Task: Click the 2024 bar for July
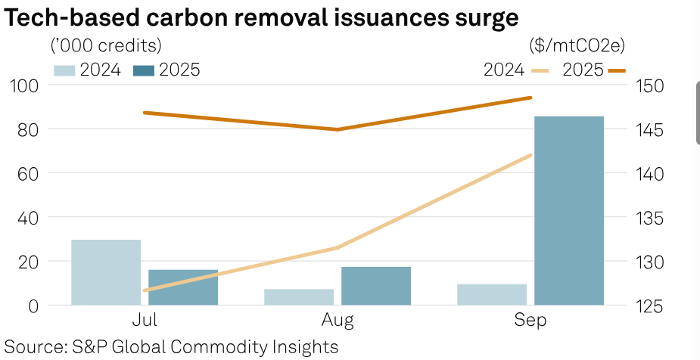coord(106,272)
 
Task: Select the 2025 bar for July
coord(182,287)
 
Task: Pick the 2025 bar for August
coord(376,286)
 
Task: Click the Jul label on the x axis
coord(144,321)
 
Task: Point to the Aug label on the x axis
coord(337,321)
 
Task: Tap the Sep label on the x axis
coord(530,321)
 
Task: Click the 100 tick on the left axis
coord(23,85)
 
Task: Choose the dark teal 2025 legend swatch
coord(144,70)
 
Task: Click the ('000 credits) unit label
coord(106,45)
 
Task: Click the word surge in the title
coord(479,18)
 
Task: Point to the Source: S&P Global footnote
coord(171,347)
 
